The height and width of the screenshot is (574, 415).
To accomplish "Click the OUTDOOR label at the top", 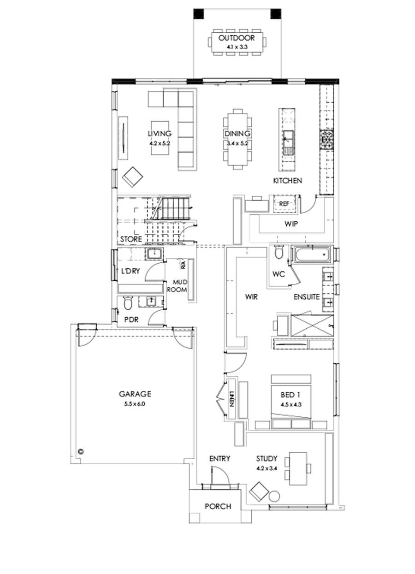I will (237, 38).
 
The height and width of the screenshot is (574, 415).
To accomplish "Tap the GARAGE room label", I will (135, 394).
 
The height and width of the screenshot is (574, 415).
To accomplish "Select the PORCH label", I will (217, 506).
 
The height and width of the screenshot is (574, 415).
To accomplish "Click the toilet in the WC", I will (279, 252).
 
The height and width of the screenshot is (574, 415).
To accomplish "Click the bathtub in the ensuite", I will (311, 254).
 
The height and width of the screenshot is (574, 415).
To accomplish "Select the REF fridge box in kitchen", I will (283, 203).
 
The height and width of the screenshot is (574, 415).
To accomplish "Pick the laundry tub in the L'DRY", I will (153, 254).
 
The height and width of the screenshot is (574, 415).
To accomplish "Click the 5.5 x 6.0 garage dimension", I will (135, 404).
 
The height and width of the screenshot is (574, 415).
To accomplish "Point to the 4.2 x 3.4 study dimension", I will (267, 468).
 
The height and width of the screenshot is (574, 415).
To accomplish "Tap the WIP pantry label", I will (290, 224).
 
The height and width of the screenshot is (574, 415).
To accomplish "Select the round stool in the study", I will (274, 497).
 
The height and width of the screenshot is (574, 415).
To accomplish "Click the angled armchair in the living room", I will (133, 177).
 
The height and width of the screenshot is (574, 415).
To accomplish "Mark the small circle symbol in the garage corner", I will (81, 451).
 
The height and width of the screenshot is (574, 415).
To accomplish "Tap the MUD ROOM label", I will (179, 285).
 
